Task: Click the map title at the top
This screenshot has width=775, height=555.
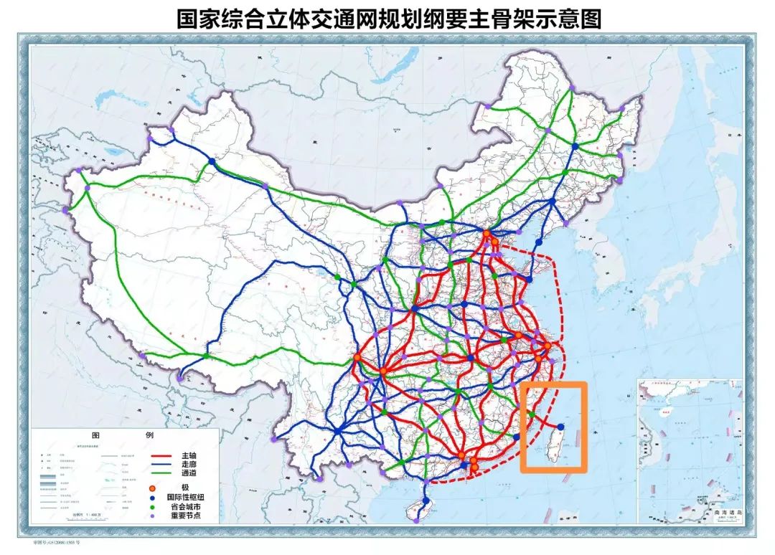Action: [x=388, y=17]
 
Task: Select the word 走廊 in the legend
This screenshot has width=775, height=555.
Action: [x=189, y=465]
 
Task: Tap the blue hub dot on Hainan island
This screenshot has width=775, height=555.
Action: [x=425, y=501]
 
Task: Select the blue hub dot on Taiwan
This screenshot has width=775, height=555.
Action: [x=560, y=427]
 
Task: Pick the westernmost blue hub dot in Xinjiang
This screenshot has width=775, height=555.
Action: [x=212, y=162]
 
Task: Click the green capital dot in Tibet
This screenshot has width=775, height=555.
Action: [x=207, y=355]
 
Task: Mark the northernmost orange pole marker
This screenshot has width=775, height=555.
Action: [x=487, y=234]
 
